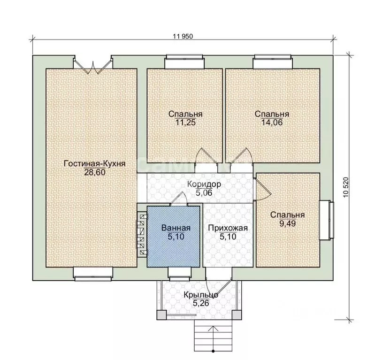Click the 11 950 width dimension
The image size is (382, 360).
[183, 36]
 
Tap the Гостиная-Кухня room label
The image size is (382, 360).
[94, 163]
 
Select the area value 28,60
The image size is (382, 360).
[94, 172]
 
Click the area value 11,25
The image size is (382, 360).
[186, 123]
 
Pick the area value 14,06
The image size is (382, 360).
[272, 123]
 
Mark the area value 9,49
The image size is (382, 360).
[288, 223]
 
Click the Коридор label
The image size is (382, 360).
[204, 184]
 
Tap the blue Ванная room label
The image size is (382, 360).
[176, 228]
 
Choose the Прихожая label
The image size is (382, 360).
[228, 228]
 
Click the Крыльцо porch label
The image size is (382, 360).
[201, 295]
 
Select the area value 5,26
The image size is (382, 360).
[201, 304]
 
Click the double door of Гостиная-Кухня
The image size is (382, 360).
[93, 64]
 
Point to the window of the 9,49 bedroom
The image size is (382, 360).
[327, 220]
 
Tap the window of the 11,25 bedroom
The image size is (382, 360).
[184, 61]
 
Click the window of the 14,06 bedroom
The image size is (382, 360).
[273, 61]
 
